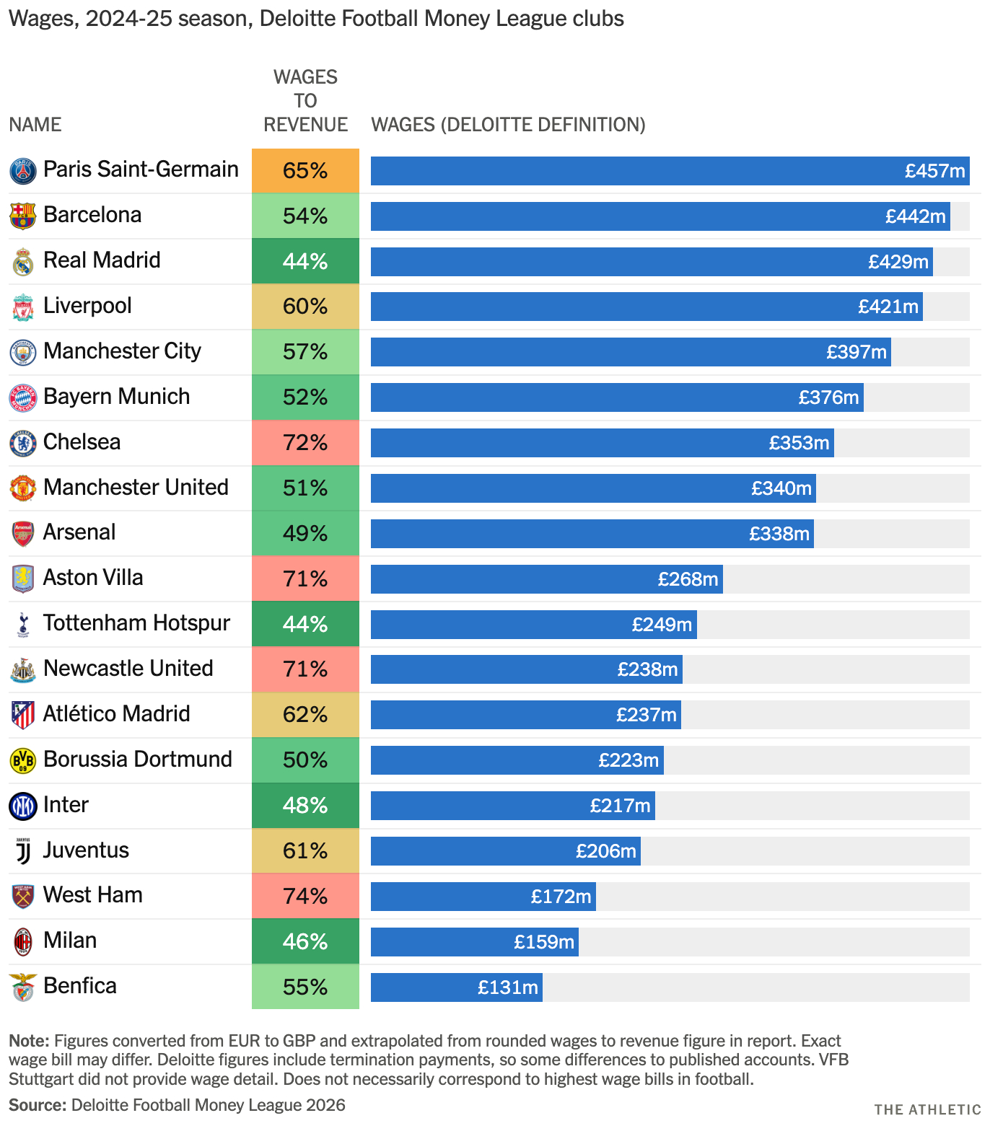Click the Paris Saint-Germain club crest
pos(23,170)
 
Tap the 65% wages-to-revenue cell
pos(305,171)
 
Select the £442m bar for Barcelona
pos(660,216)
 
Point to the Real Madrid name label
pos(102,260)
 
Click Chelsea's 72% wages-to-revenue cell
pos(305,443)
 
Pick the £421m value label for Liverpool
pos(888,307)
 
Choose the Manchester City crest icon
pos(23,352)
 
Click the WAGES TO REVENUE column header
pos(305,101)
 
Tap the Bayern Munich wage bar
pos(617,397)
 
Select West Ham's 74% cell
pos(305,897)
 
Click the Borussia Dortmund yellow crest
pos(23,760)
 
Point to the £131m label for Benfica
pos(508,987)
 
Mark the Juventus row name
pos(86,850)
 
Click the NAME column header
pos(35,125)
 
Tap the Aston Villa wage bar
pos(546,579)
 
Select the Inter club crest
pos(23,806)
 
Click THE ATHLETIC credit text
pos(927,1109)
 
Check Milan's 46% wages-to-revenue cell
pos(305,942)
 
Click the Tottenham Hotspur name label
pos(136,623)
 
